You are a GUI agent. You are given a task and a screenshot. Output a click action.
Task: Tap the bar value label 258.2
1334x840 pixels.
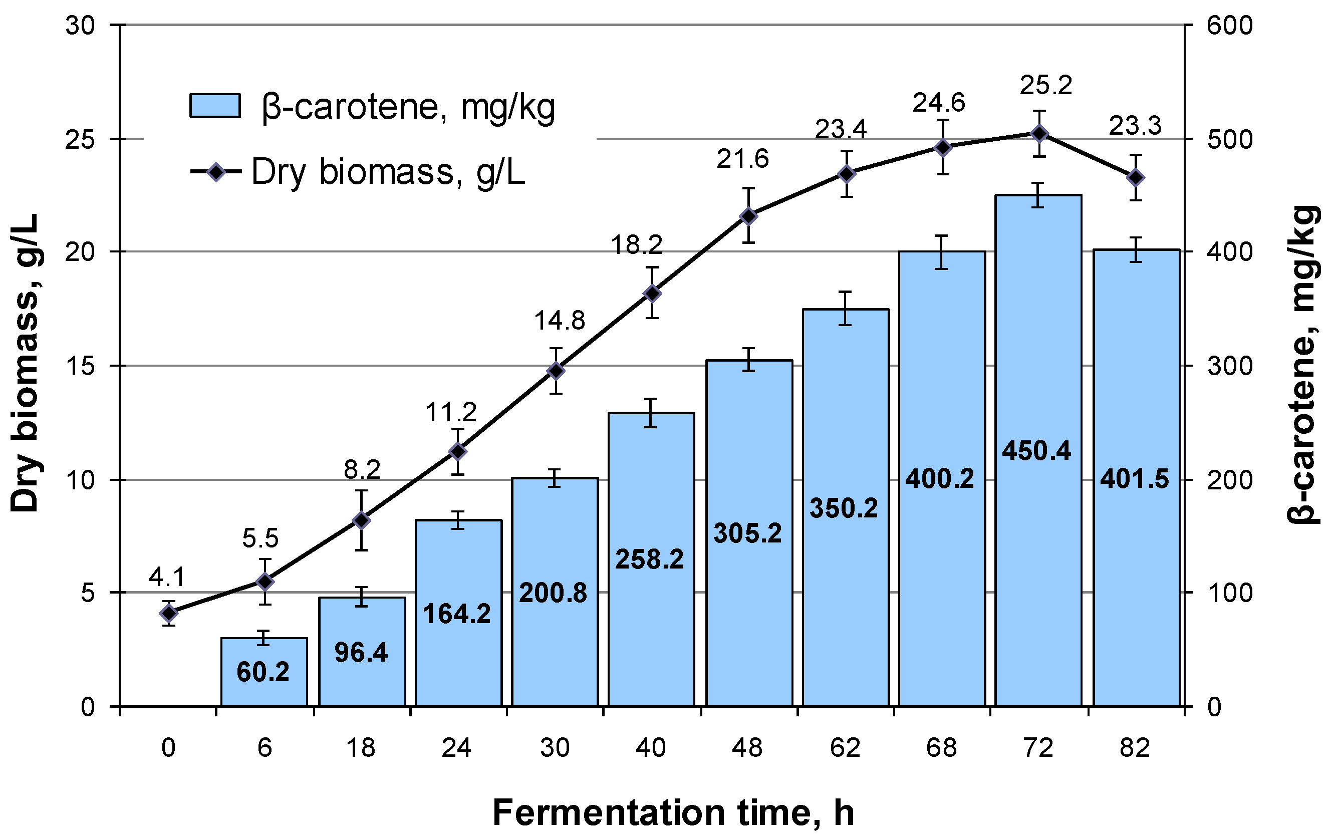[649, 559]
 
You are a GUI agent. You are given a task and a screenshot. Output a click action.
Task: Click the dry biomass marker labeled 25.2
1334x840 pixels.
[1040, 134]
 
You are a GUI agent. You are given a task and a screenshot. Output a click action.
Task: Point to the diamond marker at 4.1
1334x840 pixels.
[169, 614]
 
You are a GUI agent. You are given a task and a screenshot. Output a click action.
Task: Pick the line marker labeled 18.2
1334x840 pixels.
[653, 293]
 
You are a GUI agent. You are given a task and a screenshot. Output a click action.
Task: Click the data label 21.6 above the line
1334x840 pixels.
[742, 160]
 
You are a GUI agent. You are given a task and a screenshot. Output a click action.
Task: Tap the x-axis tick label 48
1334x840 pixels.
[747, 748]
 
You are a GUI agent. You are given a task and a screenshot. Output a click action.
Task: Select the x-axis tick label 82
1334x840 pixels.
[1135, 748]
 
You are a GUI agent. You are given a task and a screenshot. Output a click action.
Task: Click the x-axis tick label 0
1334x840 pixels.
[168, 748]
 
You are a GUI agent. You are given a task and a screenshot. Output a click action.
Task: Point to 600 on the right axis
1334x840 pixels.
[1229, 26]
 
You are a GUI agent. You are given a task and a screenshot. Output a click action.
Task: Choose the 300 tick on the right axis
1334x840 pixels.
[1229, 366]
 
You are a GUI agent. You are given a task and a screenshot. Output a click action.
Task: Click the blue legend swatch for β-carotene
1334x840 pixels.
[215, 106]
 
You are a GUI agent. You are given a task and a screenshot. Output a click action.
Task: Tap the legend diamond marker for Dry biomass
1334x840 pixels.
[216, 172]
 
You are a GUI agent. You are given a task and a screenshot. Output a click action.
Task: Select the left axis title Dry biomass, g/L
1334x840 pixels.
[25, 363]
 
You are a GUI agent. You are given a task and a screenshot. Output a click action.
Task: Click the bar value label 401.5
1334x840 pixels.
[1134, 479]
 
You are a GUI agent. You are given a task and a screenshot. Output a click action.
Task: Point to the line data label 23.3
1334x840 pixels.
[1135, 126]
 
